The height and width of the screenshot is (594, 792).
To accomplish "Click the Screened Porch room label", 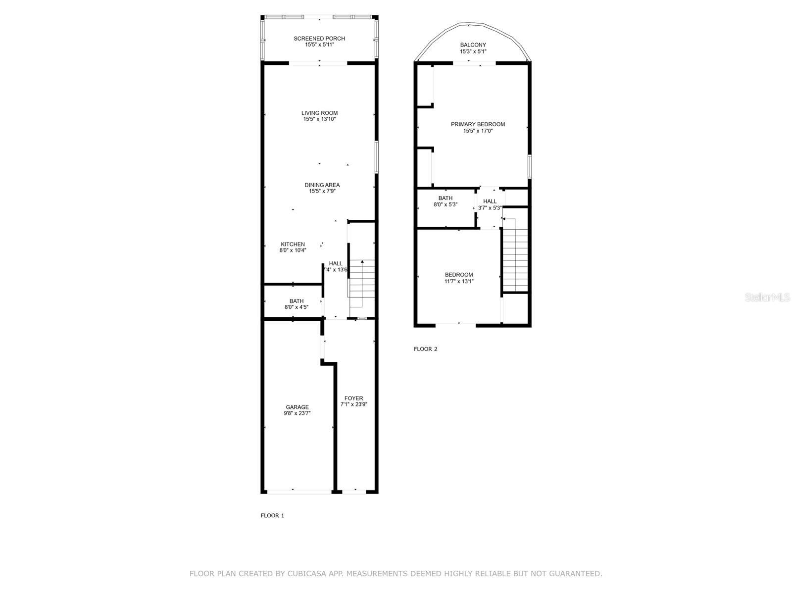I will click(319, 39).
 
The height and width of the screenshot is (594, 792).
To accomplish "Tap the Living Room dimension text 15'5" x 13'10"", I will click(319, 119).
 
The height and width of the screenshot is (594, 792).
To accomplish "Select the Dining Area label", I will click(322, 185).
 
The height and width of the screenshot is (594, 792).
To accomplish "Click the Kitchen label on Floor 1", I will click(293, 244).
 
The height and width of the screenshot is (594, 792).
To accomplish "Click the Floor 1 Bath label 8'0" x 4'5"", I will click(297, 304).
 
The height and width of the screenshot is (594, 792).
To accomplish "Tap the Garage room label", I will click(297, 407).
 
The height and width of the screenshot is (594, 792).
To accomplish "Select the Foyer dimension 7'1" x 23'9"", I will click(353, 404).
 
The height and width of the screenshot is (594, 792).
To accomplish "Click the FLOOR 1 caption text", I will click(272, 515).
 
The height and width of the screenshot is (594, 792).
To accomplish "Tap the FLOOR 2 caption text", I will click(425, 349).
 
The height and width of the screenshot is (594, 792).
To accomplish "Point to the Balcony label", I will click(473, 45).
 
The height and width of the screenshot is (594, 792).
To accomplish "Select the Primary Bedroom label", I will click(478, 124).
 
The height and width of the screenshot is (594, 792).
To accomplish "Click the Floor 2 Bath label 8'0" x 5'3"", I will click(445, 201).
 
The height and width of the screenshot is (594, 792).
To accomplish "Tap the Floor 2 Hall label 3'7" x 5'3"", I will click(490, 204).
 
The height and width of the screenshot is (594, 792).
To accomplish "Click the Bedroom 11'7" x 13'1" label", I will click(458, 278).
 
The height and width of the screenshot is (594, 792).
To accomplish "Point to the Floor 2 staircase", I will click(515, 257).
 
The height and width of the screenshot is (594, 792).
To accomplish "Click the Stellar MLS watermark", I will click(768, 297).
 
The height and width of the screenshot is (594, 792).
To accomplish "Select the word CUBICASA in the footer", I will click(308, 574).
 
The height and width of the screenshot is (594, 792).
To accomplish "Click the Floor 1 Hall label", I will click(336, 264).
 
